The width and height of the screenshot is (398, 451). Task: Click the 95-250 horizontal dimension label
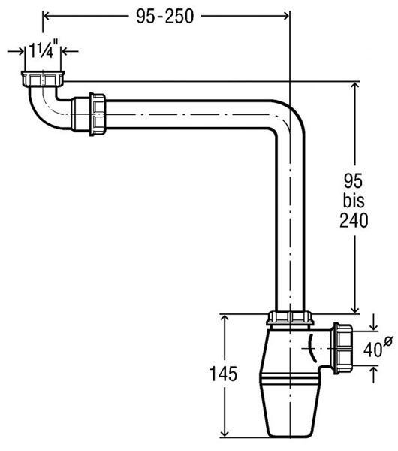(x=165, y=16)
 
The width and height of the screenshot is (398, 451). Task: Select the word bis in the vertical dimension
(x=354, y=201)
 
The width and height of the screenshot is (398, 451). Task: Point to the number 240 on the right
(x=354, y=220)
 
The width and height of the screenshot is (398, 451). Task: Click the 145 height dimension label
(x=224, y=374)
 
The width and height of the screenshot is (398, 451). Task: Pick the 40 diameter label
(x=372, y=350)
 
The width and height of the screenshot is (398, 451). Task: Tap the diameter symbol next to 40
(x=388, y=341)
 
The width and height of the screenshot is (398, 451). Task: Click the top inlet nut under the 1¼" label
(x=43, y=78)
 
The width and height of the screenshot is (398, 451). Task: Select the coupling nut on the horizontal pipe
(x=98, y=114)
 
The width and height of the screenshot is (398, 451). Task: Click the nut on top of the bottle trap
(x=290, y=318)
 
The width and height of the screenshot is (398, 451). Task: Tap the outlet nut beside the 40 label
(x=342, y=348)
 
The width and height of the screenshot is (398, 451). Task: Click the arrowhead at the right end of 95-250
(x=285, y=16)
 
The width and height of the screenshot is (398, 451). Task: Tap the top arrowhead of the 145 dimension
(x=225, y=318)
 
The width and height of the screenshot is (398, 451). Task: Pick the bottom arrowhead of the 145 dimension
(x=225, y=440)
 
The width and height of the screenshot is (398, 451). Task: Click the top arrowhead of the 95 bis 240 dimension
(x=355, y=86)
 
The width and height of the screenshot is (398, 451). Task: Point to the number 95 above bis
(x=354, y=180)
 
